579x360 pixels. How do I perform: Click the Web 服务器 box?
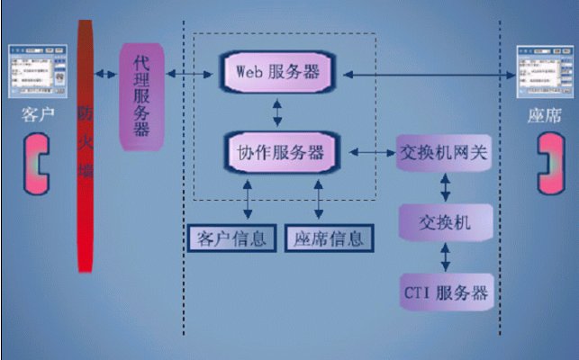277,71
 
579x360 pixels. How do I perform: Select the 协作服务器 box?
279,152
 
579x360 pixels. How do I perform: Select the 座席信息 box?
328,238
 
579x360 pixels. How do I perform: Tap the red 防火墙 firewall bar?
86,144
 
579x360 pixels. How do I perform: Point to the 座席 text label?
546,116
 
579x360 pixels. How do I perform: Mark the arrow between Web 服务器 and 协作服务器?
277,112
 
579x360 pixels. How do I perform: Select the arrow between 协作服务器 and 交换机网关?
366,153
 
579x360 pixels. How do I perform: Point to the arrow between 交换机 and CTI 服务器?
445,256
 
